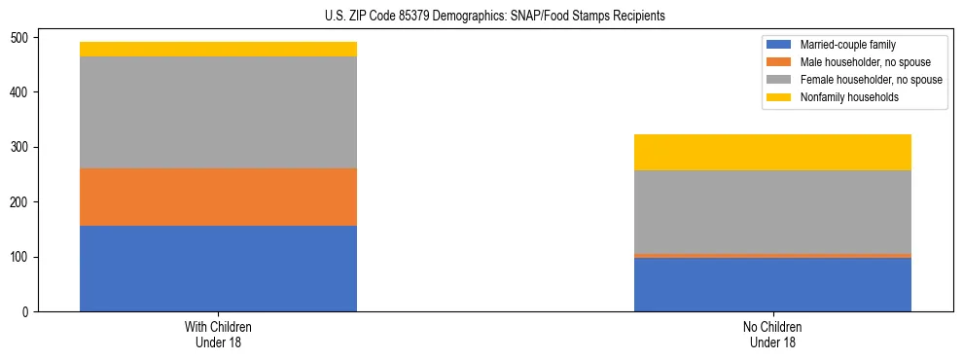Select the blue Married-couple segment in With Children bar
tap(218, 269)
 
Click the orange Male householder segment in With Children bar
tap(218, 198)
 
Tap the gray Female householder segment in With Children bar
tap(218, 113)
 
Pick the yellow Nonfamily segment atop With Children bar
tap(218, 50)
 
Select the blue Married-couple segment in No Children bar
tap(772, 285)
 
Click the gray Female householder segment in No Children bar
tap(772, 212)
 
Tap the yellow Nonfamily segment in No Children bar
tap(772, 153)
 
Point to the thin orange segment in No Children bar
tap(772, 256)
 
